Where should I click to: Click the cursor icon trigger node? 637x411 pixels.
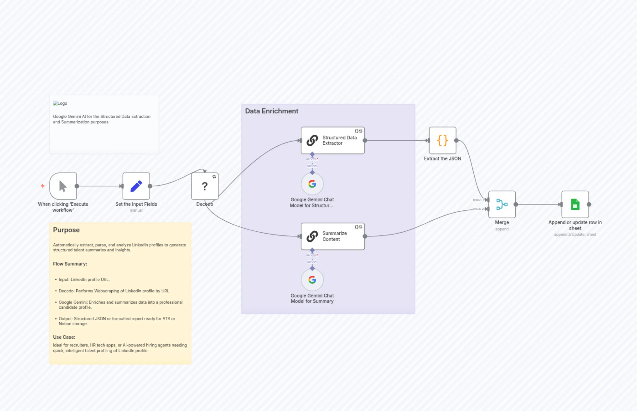pyautogui.click(x=63, y=186)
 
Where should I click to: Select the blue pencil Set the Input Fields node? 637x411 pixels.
pyautogui.click(x=136, y=186)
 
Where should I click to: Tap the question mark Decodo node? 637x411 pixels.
pyautogui.click(x=205, y=186)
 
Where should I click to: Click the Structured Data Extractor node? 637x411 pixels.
pyautogui.click(x=333, y=140)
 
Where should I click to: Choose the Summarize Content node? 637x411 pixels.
pyautogui.click(x=333, y=236)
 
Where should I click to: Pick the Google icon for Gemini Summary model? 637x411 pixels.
pyautogui.click(x=312, y=280)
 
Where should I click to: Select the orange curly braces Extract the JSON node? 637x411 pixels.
pyautogui.click(x=443, y=140)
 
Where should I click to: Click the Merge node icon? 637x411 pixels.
pyautogui.click(x=502, y=204)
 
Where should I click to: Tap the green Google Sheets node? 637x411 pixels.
pyautogui.click(x=575, y=204)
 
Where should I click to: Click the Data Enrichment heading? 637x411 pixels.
pyautogui.click(x=272, y=111)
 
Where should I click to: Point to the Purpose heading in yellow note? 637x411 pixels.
pyautogui.click(x=66, y=230)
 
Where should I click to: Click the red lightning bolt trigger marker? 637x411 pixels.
pyautogui.click(x=42, y=186)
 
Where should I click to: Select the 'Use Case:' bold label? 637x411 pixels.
pyautogui.click(x=64, y=337)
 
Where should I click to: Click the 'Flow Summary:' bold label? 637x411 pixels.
pyautogui.click(x=70, y=264)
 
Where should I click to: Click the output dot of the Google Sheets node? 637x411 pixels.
pyautogui.click(x=589, y=204)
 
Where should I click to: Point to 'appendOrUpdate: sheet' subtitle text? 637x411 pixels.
pyautogui.click(x=575, y=235)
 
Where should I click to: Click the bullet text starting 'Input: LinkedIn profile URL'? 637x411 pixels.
pyautogui.click(x=84, y=279)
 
